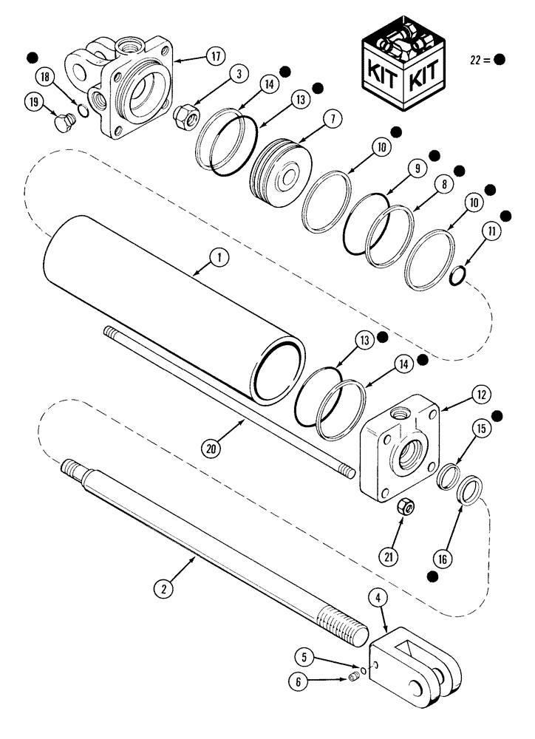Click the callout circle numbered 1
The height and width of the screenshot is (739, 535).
pyautogui.click(x=219, y=258)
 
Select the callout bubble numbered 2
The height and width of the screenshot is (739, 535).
pyautogui.click(x=163, y=589)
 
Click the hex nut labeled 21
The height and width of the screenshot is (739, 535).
pyautogui.click(x=404, y=507)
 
